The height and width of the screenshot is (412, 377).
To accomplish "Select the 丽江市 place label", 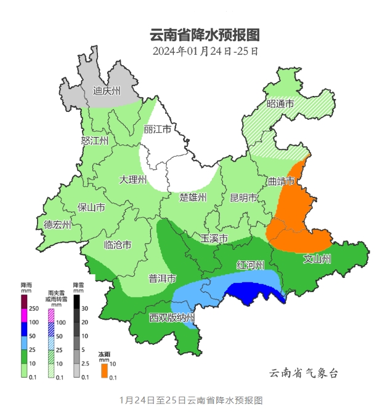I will [x=157, y=130].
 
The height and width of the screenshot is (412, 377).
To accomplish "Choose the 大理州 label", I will [x=133, y=180].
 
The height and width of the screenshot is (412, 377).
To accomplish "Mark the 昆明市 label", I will [x=243, y=197].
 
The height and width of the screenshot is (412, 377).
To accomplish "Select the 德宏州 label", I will [x=57, y=224].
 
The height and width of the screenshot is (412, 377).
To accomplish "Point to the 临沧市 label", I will [x=118, y=245].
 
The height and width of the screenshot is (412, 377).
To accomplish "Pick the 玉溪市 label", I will [x=215, y=238].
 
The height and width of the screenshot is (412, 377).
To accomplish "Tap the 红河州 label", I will [x=251, y=265].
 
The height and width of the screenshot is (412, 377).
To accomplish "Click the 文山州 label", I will [x=317, y=259].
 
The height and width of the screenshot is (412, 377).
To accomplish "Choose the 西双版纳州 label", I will [x=172, y=318].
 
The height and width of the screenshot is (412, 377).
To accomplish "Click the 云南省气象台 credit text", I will [x=304, y=373].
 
